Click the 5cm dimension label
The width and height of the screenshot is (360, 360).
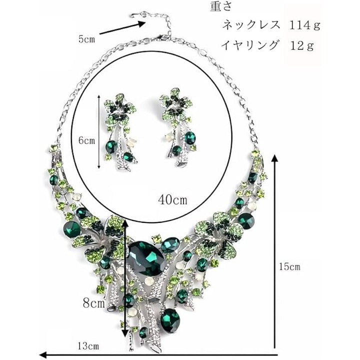coord(86,39)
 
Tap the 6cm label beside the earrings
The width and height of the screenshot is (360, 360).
coord(86,140)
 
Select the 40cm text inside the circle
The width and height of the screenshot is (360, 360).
coord(172,199)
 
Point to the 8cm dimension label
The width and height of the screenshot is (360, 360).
coord(93,303)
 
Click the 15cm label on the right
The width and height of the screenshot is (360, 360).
coord(289,267)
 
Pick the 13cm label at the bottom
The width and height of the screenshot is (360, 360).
coord(88,346)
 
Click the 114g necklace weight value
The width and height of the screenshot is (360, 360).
coord(304,25)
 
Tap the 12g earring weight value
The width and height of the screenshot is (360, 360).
coord(302,45)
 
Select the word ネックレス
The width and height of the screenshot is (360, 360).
coord(251,24)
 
